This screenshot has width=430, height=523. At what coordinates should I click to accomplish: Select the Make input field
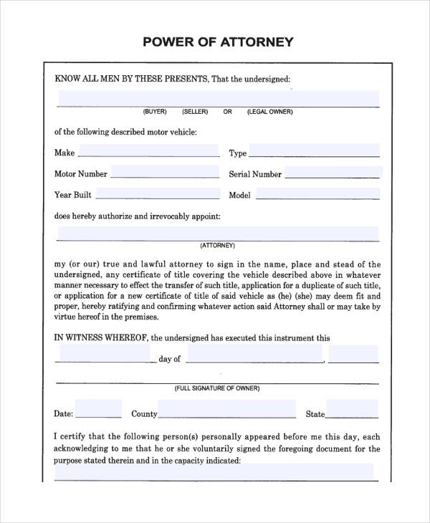click(148, 152)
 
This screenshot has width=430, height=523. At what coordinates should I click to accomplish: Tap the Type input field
click(314, 152)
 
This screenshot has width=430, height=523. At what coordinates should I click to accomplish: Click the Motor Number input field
click(165, 173)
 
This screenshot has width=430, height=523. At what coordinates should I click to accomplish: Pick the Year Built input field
click(157, 193)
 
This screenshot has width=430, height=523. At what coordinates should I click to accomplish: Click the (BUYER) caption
click(154, 112)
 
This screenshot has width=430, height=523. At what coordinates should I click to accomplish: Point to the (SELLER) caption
click(195, 112)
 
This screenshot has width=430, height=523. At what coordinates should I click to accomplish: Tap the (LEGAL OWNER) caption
click(269, 112)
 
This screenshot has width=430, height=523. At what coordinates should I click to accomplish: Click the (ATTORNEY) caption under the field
click(218, 244)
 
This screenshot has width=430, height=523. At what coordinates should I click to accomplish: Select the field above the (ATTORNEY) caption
click(218, 234)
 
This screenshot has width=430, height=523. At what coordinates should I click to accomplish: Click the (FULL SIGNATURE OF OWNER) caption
click(217, 388)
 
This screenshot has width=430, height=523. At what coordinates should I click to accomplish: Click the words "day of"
click(170, 359)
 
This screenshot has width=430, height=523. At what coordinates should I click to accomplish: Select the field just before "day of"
click(105, 355)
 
